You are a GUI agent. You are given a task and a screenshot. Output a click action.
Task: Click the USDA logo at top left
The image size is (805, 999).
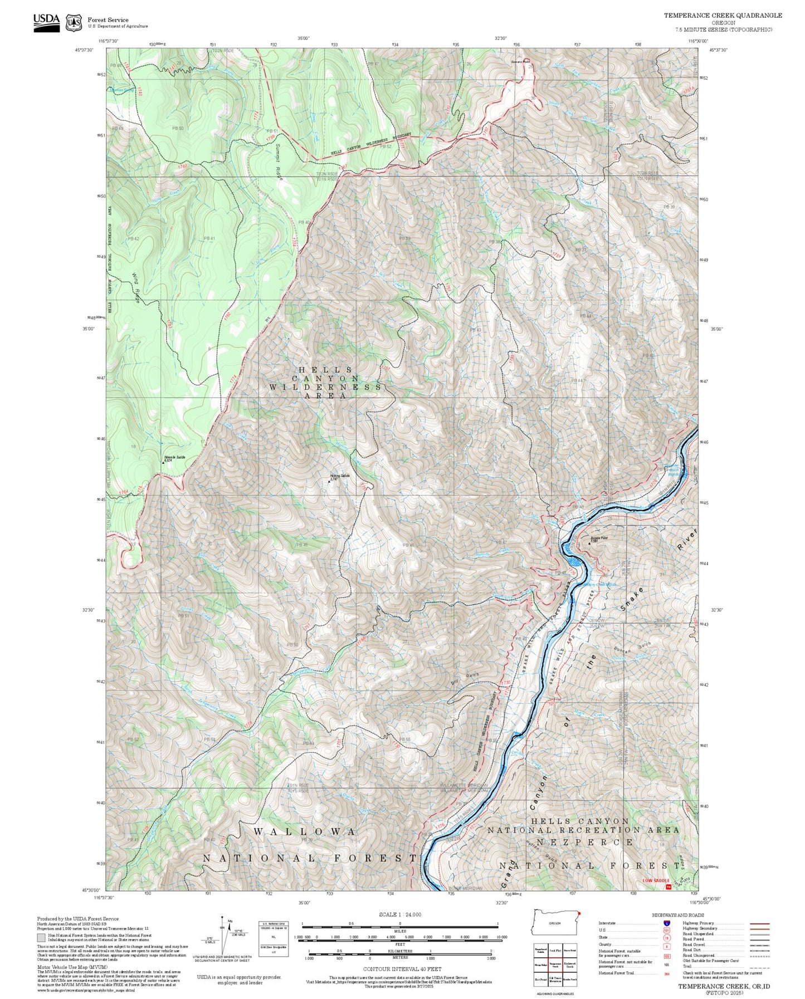[x=46, y=22]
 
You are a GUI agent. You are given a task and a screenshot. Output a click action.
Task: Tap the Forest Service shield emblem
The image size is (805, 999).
[x=74, y=23]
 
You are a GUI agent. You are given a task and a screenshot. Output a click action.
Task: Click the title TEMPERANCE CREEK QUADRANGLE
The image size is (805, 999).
[x=723, y=16]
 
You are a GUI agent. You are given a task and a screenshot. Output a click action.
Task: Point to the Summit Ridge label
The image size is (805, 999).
[x=279, y=162]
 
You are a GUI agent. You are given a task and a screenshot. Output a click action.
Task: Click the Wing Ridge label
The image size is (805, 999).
[x=136, y=288]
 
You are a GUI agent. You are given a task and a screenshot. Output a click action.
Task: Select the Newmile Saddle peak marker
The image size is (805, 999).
[x=163, y=462]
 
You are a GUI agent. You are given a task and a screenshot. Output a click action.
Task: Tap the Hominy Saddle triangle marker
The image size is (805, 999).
[x=329, y=481]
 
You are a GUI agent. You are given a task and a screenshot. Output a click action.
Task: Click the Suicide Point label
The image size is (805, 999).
[x=599, y=538]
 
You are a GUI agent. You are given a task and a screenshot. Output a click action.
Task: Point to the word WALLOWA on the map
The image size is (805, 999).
[x=305, y=831]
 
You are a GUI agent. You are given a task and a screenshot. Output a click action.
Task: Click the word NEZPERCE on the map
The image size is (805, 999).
[x=584, y=842]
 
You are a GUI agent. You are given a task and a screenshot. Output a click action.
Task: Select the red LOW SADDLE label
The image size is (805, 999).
[x=656, y=880]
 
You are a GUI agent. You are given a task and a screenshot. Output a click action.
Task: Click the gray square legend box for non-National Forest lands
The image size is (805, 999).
[x=41, y=938]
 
